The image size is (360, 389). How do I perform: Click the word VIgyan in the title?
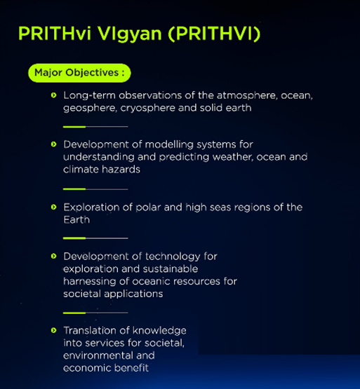point(129,34)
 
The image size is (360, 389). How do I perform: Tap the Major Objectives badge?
point(79,73)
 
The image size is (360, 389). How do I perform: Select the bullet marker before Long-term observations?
point(53,95)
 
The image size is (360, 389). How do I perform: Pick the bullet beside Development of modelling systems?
point(53,144)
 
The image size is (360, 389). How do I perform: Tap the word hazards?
point(121,170)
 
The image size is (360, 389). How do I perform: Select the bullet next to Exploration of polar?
point(53,207)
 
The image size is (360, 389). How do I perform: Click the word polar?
point(148,207)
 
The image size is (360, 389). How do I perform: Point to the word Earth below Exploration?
point(76,219)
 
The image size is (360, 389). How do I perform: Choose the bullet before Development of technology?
point(53,256)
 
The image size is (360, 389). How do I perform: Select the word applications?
point(133,294)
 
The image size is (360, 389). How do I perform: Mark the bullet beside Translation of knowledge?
point(53,330)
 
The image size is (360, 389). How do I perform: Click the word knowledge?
point(159,331)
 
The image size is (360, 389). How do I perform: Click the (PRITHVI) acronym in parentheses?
point(214,34)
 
